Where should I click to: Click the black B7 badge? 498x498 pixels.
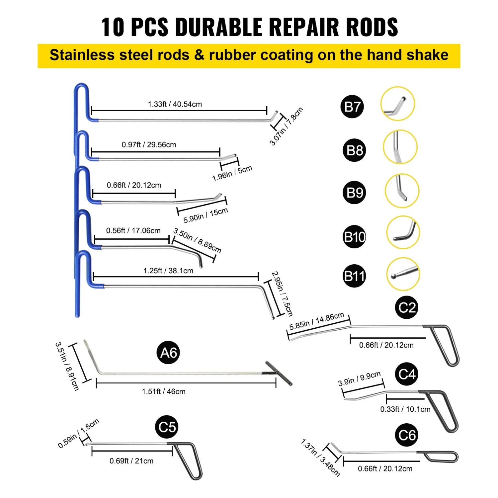click(352, 107)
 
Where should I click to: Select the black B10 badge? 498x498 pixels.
click(354, 237)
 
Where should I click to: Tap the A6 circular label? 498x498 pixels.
click(168, 353)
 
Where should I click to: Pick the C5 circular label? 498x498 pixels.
click(167, 427)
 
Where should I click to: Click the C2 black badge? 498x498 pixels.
click(407, 307)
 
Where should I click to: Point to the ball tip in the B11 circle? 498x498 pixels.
click(394, 276)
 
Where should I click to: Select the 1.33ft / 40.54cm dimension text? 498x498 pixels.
click(175, 104)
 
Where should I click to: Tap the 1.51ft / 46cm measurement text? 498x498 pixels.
click(164, 391)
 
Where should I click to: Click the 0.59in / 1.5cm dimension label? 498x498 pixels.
click(78, 434)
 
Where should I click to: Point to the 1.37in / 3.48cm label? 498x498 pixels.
click(320, 458)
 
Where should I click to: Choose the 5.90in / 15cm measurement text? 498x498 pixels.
click(206, 215)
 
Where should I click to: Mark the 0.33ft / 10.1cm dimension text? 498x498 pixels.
click(405, 409)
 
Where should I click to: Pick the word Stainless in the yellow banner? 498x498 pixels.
click(82, 55)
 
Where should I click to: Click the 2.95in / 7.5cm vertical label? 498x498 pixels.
click(282, 293)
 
